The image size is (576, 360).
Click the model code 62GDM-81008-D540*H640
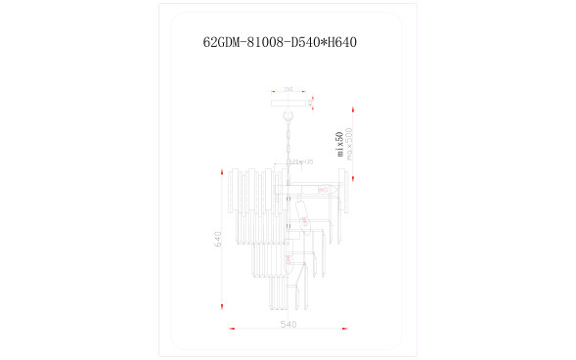coord(287,43)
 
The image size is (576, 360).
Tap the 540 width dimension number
coord(288,324)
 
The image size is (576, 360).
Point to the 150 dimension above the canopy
coord(288,90)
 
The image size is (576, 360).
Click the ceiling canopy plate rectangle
coord(288,100)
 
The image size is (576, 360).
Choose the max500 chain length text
coord(349,144)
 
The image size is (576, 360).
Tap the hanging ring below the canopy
coord(288,111)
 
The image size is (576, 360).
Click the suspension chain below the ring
coord(288,137)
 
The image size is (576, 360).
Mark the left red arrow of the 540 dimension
coord(232,331)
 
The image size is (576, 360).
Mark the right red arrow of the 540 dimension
coord(345,331)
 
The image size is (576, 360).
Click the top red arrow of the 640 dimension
coord(225,172)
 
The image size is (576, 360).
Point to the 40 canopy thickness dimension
coord(312,100)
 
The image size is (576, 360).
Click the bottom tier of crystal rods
coord(288,293)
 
